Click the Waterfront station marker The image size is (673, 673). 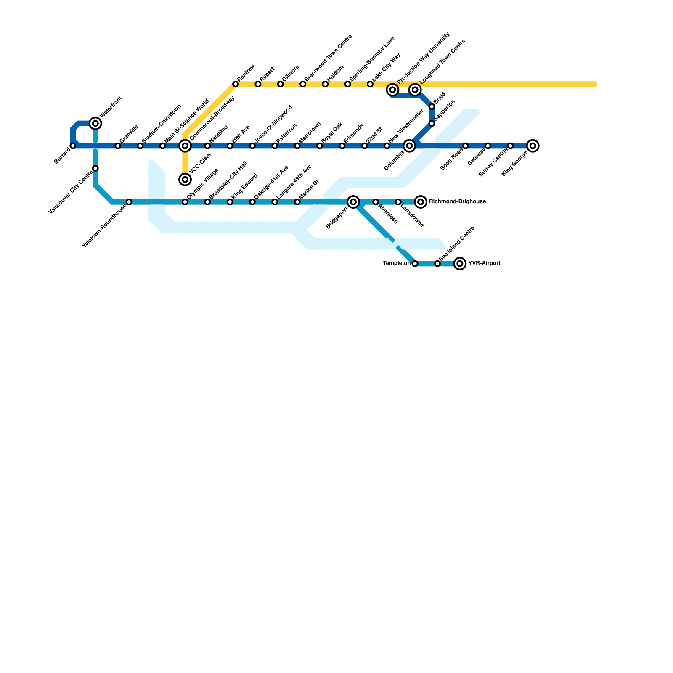[x=95, y=123]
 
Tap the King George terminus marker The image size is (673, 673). [x=533, y=146]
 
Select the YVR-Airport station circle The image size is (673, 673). [x=460, y=264]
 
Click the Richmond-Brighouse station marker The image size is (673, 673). [x=421, y=202]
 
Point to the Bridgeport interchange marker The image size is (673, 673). [x=353, y=202]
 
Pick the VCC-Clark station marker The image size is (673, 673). [x=185, y=180]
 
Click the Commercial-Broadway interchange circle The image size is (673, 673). [x=185, y=146]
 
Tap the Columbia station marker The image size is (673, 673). [x=410, y=146]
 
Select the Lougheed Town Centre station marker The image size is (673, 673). [x=415, y=90]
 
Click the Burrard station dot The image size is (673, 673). [x=73, y=146]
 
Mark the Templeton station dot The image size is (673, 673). [x=415, y=264]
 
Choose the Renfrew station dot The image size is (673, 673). [x=236, y=85]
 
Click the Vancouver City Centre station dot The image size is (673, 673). [x=95, y=168]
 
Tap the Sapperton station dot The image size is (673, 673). [x=432, y=123]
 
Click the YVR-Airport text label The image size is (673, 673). [x=484, y=264]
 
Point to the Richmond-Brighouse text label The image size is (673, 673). [x=457, y=202]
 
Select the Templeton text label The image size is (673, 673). [x=396, y=264]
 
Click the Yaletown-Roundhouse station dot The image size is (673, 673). [x=129, y=202]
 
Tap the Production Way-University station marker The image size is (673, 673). [x=393, y=90]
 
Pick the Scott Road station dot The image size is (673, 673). [x=466, y=146]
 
